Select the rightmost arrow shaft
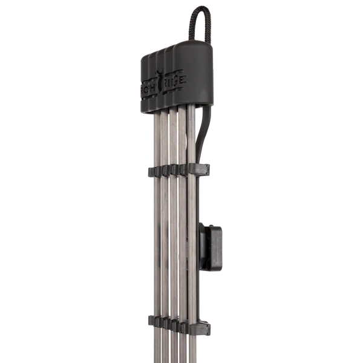192,206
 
